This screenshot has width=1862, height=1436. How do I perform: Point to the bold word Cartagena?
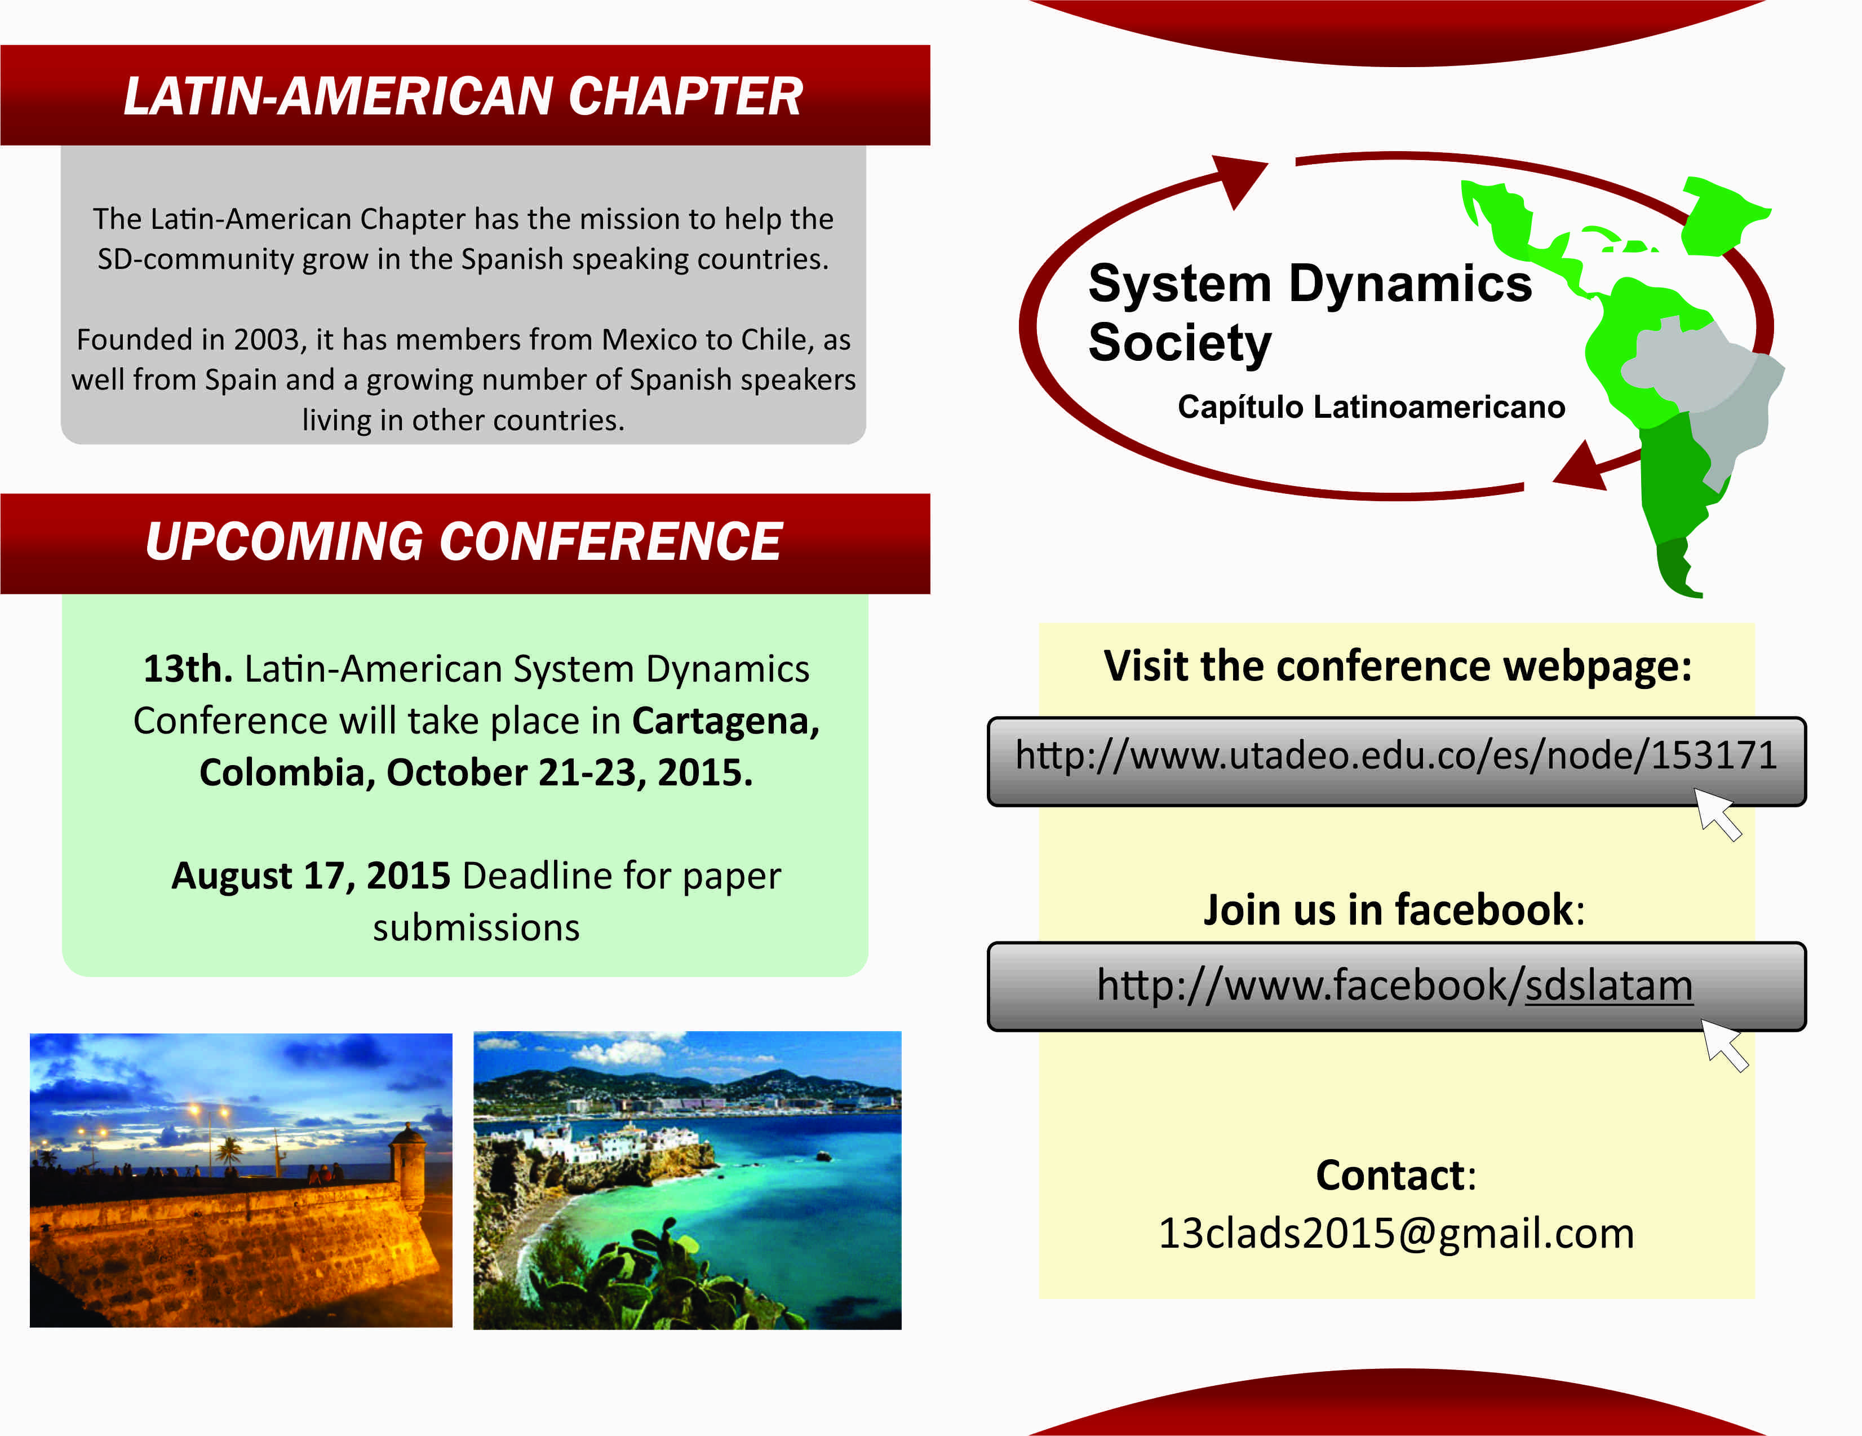[725, 722]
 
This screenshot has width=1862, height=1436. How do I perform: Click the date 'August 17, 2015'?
[311, 876]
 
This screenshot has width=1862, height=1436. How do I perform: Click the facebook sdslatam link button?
[1397, 987]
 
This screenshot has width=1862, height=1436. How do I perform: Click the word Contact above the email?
[1390, 1175]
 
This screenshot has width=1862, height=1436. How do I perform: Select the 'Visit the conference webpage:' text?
[1398, 667]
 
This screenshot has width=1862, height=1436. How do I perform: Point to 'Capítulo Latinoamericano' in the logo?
[1371, 407]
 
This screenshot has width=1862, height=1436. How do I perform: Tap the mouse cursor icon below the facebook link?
[1724, 1045]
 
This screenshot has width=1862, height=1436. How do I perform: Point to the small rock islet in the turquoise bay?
[823, 1156]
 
